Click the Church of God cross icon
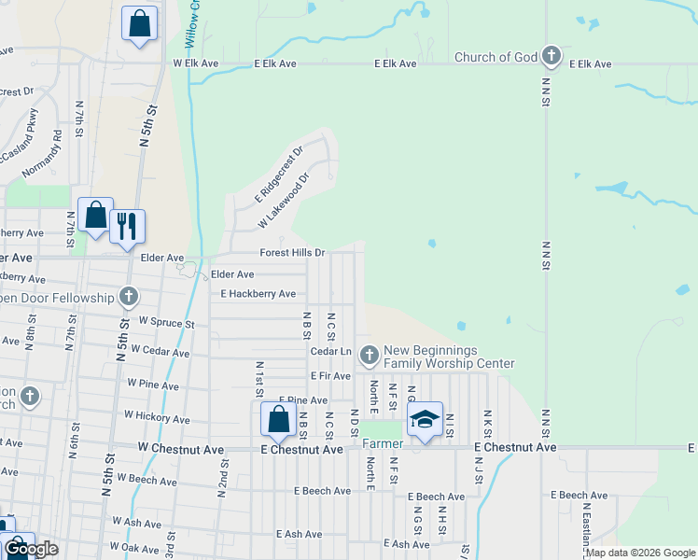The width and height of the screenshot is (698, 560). (551, 57)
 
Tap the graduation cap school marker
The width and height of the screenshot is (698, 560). (425, 419)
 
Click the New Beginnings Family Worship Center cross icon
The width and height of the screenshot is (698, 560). (370, 355)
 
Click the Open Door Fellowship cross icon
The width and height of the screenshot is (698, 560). (129, 298)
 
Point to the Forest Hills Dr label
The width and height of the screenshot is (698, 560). (292, 253)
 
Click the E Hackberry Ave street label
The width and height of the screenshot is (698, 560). (258, 294)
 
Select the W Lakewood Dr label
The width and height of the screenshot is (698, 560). (284, 201)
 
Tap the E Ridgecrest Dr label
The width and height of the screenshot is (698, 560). (279, 175)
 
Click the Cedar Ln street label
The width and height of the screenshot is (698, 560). (330, 351)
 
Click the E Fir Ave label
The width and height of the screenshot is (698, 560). (330, 375)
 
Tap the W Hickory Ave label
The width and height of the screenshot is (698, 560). (157, 416)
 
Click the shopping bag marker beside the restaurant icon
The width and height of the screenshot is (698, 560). (95, 216)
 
